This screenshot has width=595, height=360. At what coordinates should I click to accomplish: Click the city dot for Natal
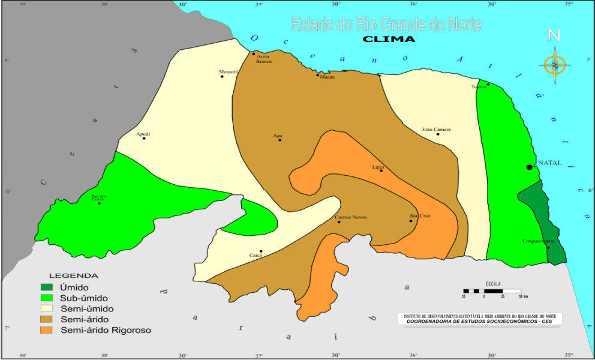[529, 167]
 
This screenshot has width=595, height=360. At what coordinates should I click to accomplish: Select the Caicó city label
[256, 256]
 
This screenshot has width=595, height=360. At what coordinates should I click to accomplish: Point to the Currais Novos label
[350, 217]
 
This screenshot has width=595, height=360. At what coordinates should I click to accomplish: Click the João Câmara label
[436, 129]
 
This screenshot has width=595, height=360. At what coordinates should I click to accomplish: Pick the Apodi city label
[143, 134]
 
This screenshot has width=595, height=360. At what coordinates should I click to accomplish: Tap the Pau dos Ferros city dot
[100, 203]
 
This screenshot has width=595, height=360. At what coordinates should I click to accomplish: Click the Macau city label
[327, 77]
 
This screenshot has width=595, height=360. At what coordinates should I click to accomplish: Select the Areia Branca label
[263, 59]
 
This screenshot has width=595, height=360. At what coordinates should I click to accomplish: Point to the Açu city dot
[280, 140]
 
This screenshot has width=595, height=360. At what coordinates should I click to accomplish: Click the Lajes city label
[378, 167]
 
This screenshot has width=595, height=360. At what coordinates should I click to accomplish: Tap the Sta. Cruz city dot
[411, 221]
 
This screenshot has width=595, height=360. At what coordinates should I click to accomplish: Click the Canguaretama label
[539, 242]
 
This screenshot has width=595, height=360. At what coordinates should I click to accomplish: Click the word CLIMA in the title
[389, 39]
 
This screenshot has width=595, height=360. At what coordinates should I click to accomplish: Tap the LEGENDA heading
[73, 275]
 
